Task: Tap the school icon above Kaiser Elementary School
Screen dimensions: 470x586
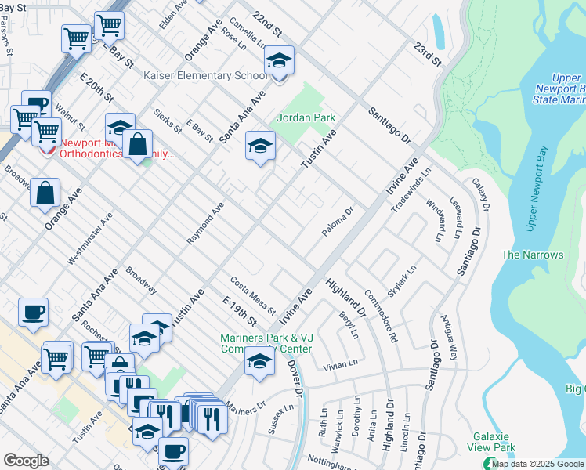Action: [278, 61]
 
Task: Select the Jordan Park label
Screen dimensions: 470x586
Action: [306, 117]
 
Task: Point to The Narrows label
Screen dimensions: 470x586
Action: [532, 255]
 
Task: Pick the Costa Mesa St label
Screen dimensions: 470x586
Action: [252, 295]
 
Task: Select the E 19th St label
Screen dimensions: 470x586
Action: [240, 311]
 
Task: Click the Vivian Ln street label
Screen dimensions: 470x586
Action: [340, 364]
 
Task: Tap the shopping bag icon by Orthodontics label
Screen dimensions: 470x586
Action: [137, 145]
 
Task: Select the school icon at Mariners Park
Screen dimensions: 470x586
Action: [259, 362]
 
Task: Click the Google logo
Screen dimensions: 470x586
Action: [26, 461]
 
